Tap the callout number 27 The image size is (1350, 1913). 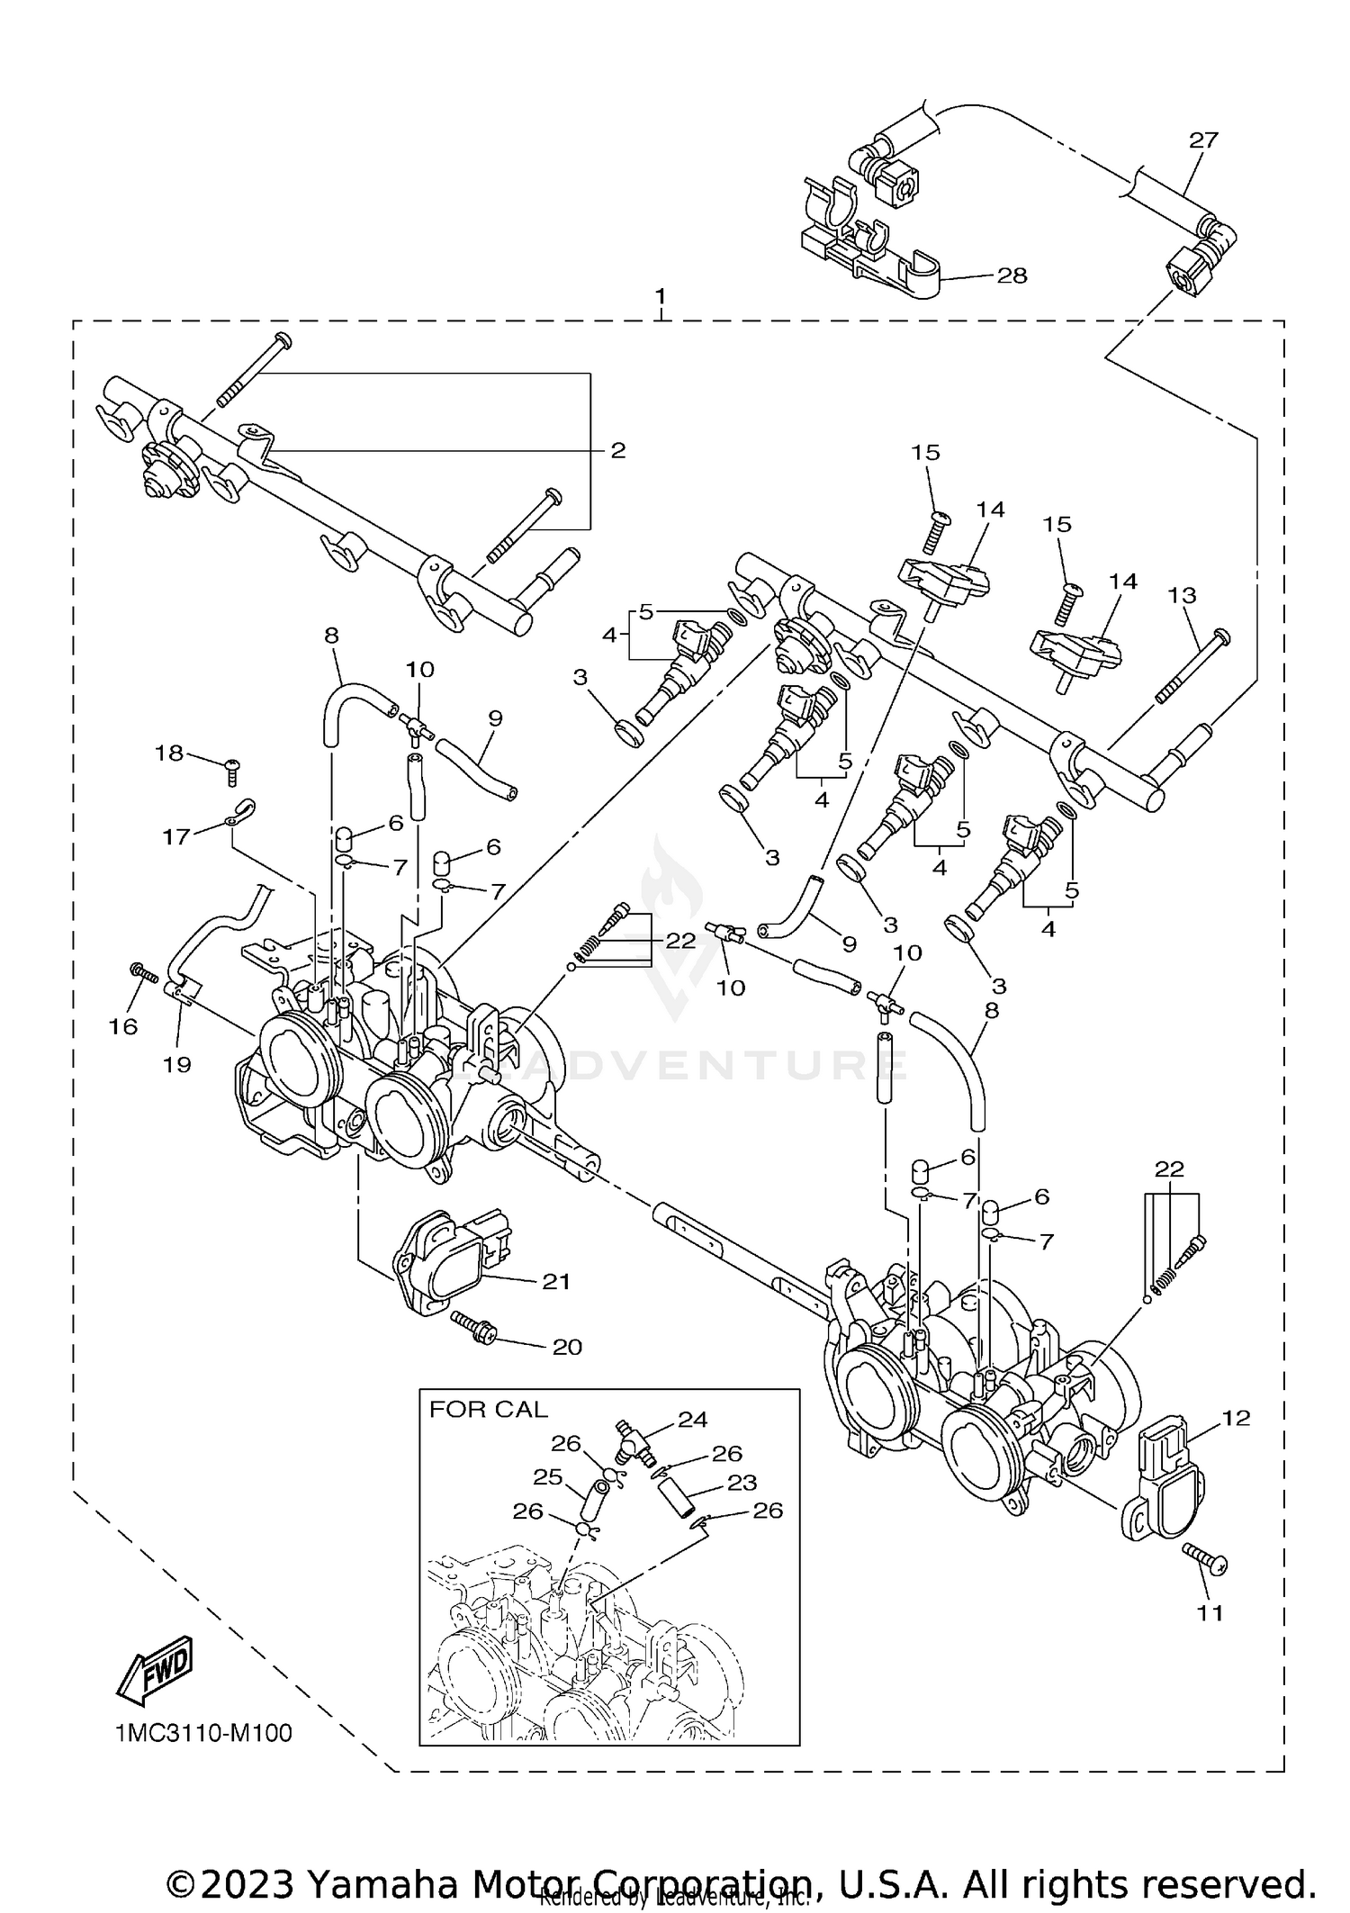point(1202,140)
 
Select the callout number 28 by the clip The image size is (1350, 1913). point(1012,275)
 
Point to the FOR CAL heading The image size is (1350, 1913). point(488,1409)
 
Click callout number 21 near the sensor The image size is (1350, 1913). point(556,1281)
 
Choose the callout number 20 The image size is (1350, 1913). point(567,1347)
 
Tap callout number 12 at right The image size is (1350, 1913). point(1237,1418)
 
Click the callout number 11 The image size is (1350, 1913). point(1211,1611)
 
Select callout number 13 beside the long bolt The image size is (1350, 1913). point(1182,595)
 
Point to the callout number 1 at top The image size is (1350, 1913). point(661,296)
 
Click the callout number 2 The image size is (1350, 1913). point(617,450)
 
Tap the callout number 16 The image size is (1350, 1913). point(123,1025)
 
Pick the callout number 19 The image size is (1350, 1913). point(177,1064)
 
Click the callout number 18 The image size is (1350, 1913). point(169,753)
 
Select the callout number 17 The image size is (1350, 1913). point(175,837)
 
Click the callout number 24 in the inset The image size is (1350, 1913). point(693,1420)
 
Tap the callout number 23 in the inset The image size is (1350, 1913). point(742,1483)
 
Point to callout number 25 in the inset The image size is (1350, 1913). point(547,1477)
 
